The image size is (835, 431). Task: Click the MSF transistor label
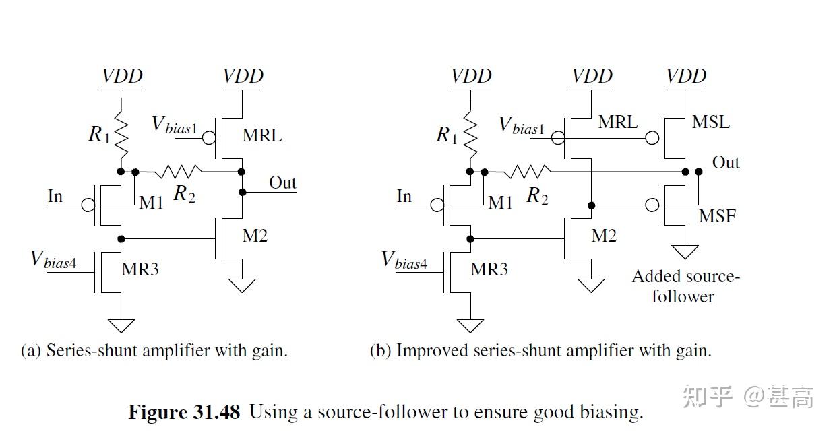tap(717, 216)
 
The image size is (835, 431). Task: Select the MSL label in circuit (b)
tap(711, 123)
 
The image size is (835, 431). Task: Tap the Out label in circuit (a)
tap(282, 183)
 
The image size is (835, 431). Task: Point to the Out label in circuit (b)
tap(726, 162)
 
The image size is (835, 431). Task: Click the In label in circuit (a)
tap(55, 196)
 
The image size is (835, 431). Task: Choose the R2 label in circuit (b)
tap(536, 196)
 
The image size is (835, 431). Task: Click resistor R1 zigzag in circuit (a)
tap(122, 133)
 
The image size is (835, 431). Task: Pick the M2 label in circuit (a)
tap(255, 236)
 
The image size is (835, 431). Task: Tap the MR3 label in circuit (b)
tap(489, 269)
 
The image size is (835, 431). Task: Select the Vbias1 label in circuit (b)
tap(521, 125)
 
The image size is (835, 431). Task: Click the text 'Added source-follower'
tap(685, 286)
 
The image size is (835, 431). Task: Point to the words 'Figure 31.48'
tap(184, 411)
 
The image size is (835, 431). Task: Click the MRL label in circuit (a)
tap(262, 135)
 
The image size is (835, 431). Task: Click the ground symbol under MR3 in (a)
tap(121, 326)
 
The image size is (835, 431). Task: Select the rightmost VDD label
tap(686, 75)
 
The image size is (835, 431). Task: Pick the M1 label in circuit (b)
tap(500, 202)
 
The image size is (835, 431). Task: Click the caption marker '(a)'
tap(31, 351)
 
